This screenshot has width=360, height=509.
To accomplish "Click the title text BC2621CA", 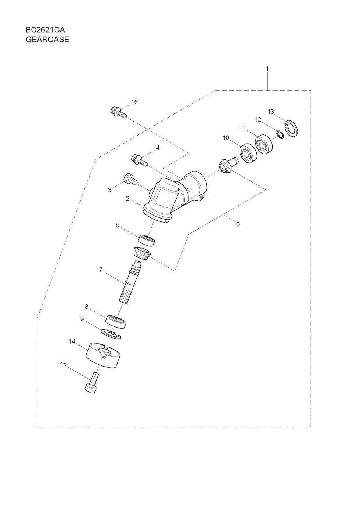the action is click(x=45, y=30).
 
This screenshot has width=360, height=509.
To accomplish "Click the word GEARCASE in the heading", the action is click(x=47, y=40).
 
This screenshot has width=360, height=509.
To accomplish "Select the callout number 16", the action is click(x=134, y=102).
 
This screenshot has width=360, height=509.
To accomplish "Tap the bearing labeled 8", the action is click(x=116, y=322).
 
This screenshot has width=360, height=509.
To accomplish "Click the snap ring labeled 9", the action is click(x=111, y=334).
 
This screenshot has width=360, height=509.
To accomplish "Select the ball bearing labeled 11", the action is click(x=264, y=144).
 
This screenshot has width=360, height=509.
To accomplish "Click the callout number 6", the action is click(x=238, y=224).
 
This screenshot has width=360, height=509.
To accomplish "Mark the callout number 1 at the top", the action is click(x=267, y=69).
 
